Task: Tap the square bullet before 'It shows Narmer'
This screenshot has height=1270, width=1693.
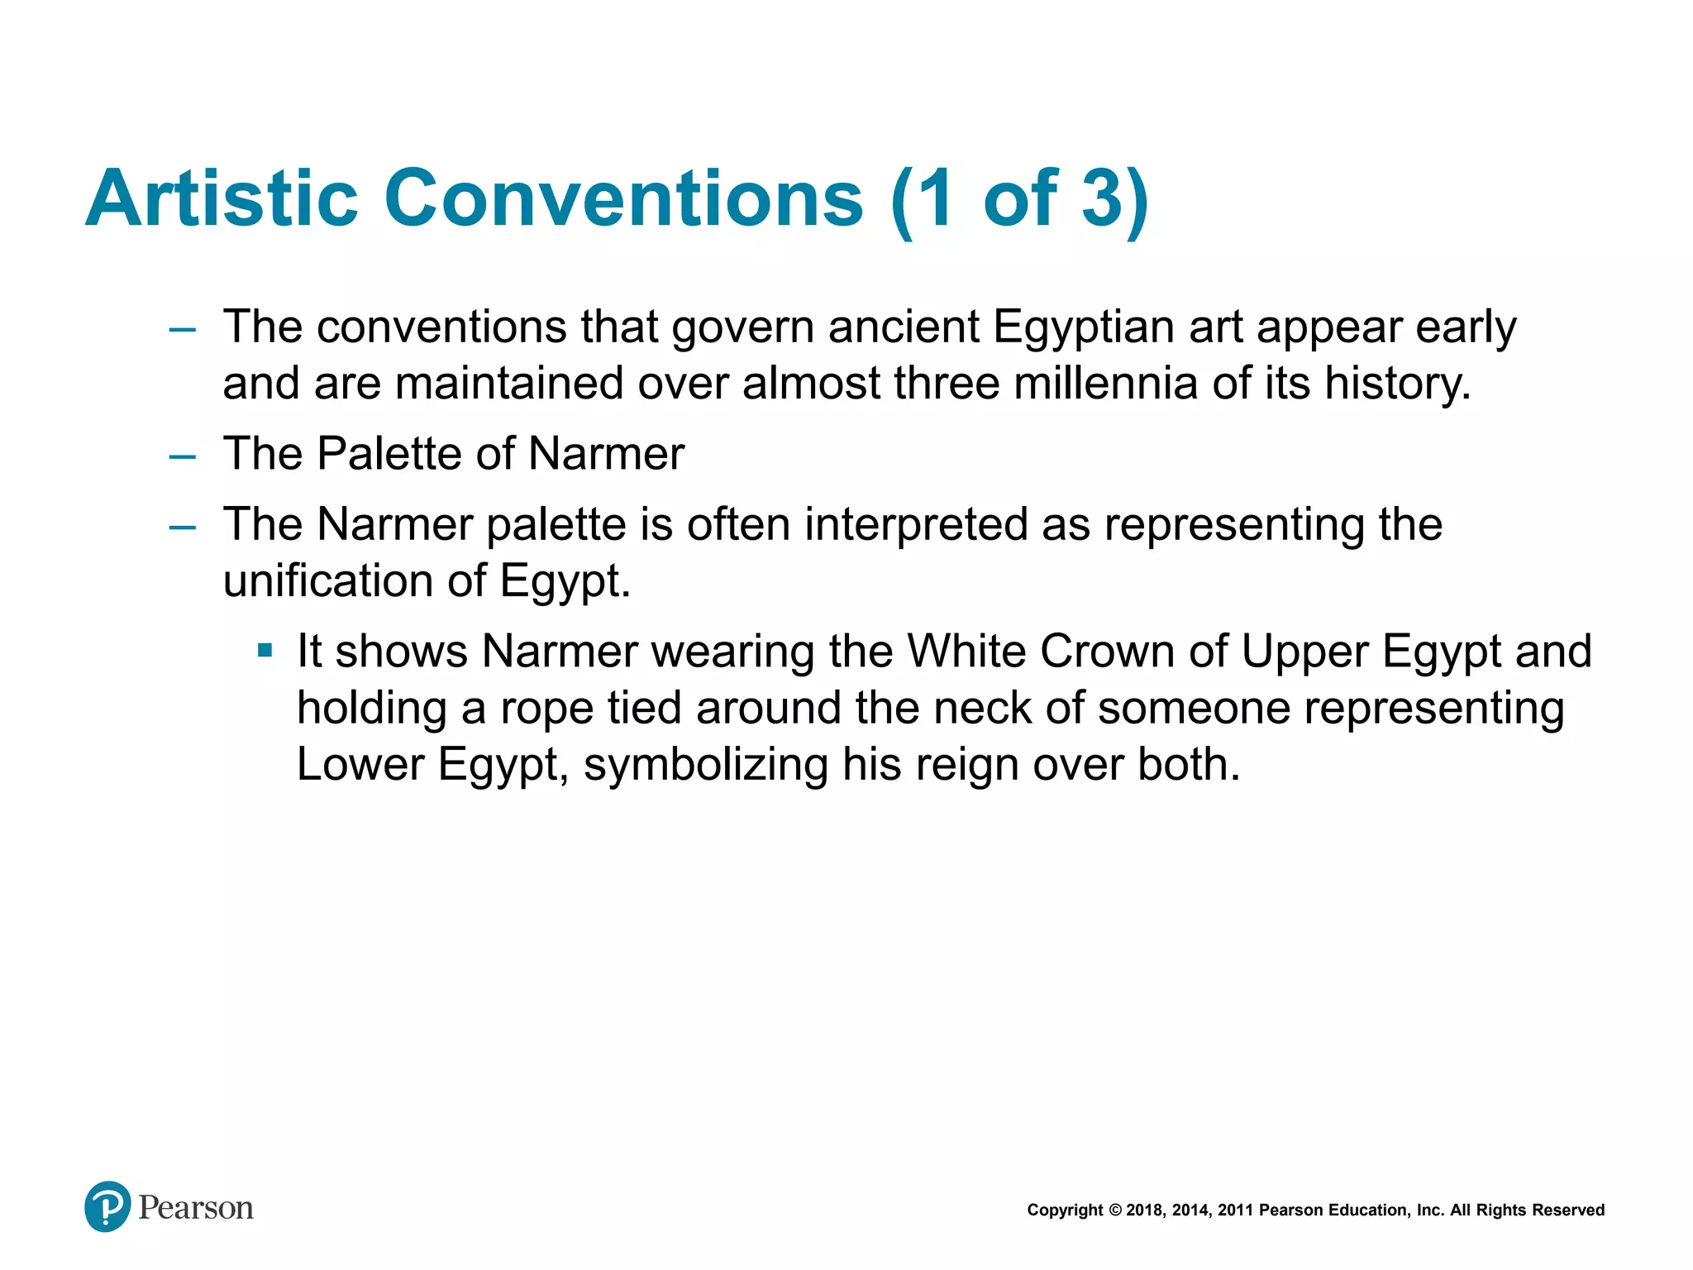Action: (265, 651)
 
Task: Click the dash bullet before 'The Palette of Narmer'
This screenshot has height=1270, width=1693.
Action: (182, 456)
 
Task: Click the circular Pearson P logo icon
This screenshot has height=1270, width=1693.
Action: (107, 1206)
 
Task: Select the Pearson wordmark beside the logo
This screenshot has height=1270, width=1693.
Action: (196, 1208)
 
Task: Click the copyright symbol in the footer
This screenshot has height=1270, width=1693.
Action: (1114, 1210)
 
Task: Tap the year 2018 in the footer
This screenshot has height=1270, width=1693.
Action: (1144, 1210)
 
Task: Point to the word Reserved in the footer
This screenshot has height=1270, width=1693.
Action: (1568, 1210)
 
